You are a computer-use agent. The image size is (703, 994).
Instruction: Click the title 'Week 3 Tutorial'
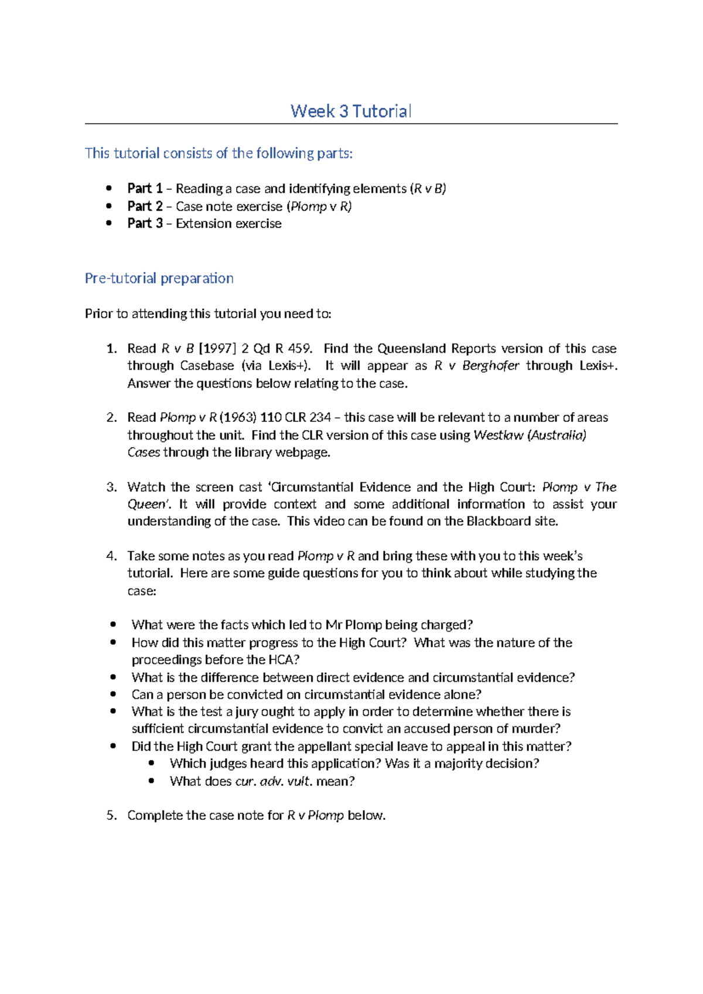click(x=351, y=111)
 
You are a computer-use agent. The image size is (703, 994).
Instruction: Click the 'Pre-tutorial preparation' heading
click(x=159, y=278)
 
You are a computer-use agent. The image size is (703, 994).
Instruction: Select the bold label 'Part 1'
click(x=145, y=189)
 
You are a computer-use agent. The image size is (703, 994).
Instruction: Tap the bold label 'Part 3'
click(x=145, y=223)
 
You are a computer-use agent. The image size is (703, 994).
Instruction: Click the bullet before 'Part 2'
click(x=108, y=206)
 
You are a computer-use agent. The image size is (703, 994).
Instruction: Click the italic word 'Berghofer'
click(x=490, y=366)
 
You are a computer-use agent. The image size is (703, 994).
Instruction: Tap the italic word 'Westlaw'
click(x=497, y=435)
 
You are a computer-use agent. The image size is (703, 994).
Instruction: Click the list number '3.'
click(x=112, y=487)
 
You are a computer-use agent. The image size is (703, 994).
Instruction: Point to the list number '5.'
click(x=112, y=815)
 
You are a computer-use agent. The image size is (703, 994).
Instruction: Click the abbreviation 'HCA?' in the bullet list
click(x=284, y=660)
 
